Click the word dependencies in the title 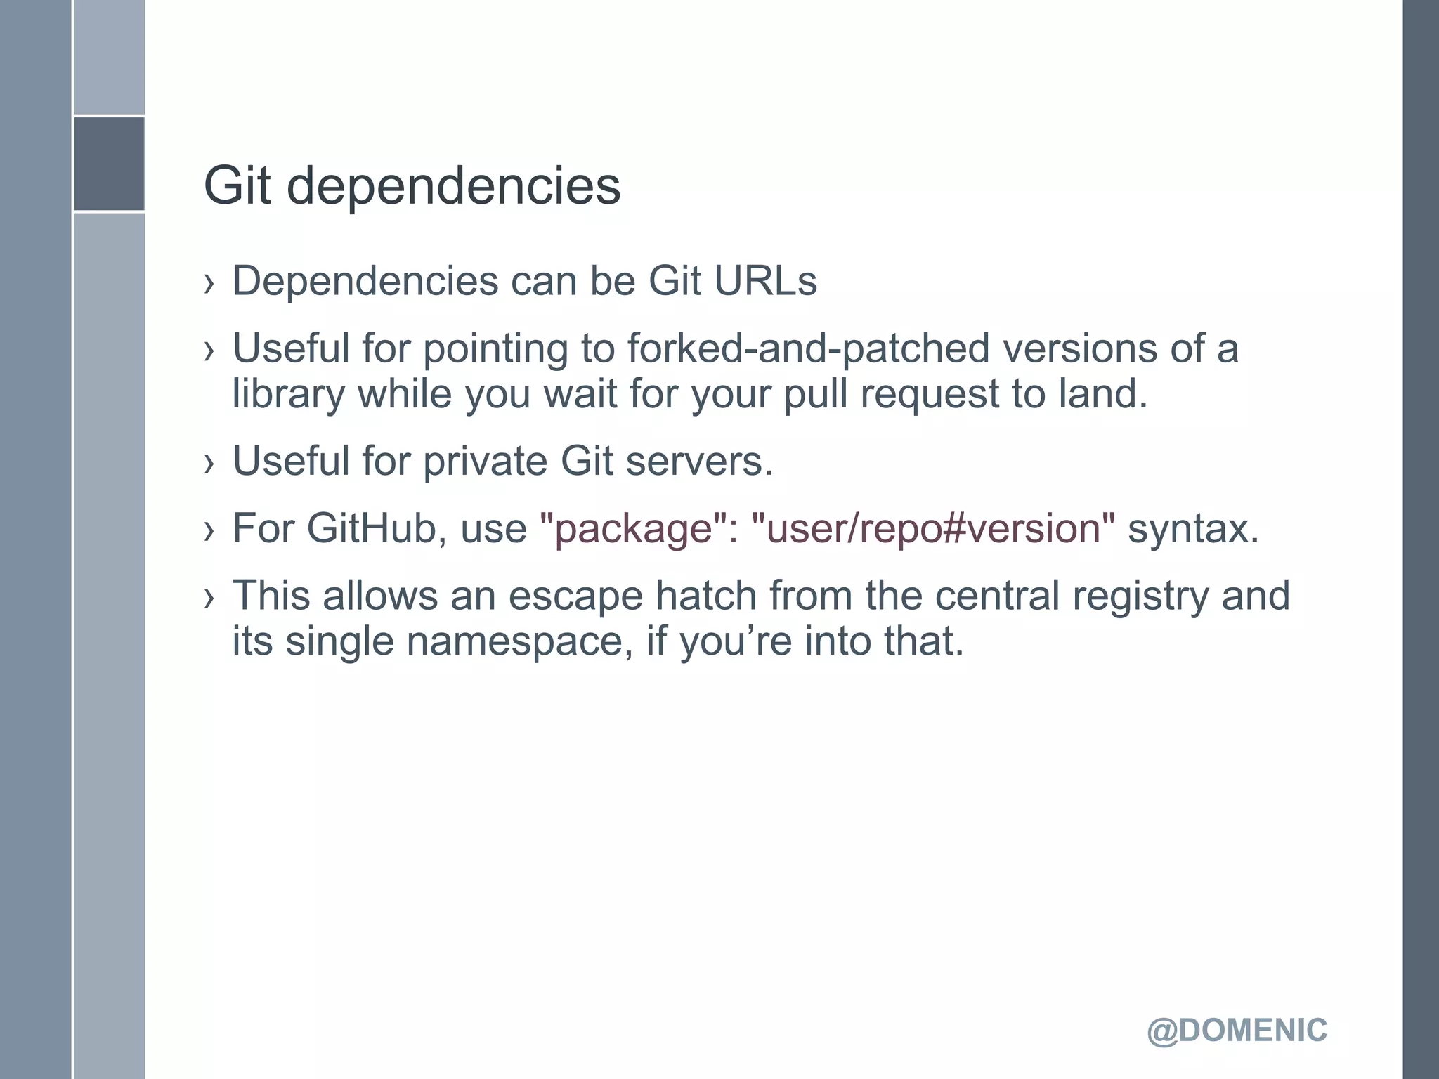[454, 187]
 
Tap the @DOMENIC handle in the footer [1237, 1031]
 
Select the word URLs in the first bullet [765, 281]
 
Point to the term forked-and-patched [808, 348]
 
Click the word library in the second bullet [288, 395]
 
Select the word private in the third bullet [485, 462]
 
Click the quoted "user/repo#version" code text [933, 528]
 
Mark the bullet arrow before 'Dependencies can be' [209, 283]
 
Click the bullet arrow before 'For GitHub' [209, 530]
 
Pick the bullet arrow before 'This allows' [209, 598]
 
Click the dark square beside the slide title [109, 164]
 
